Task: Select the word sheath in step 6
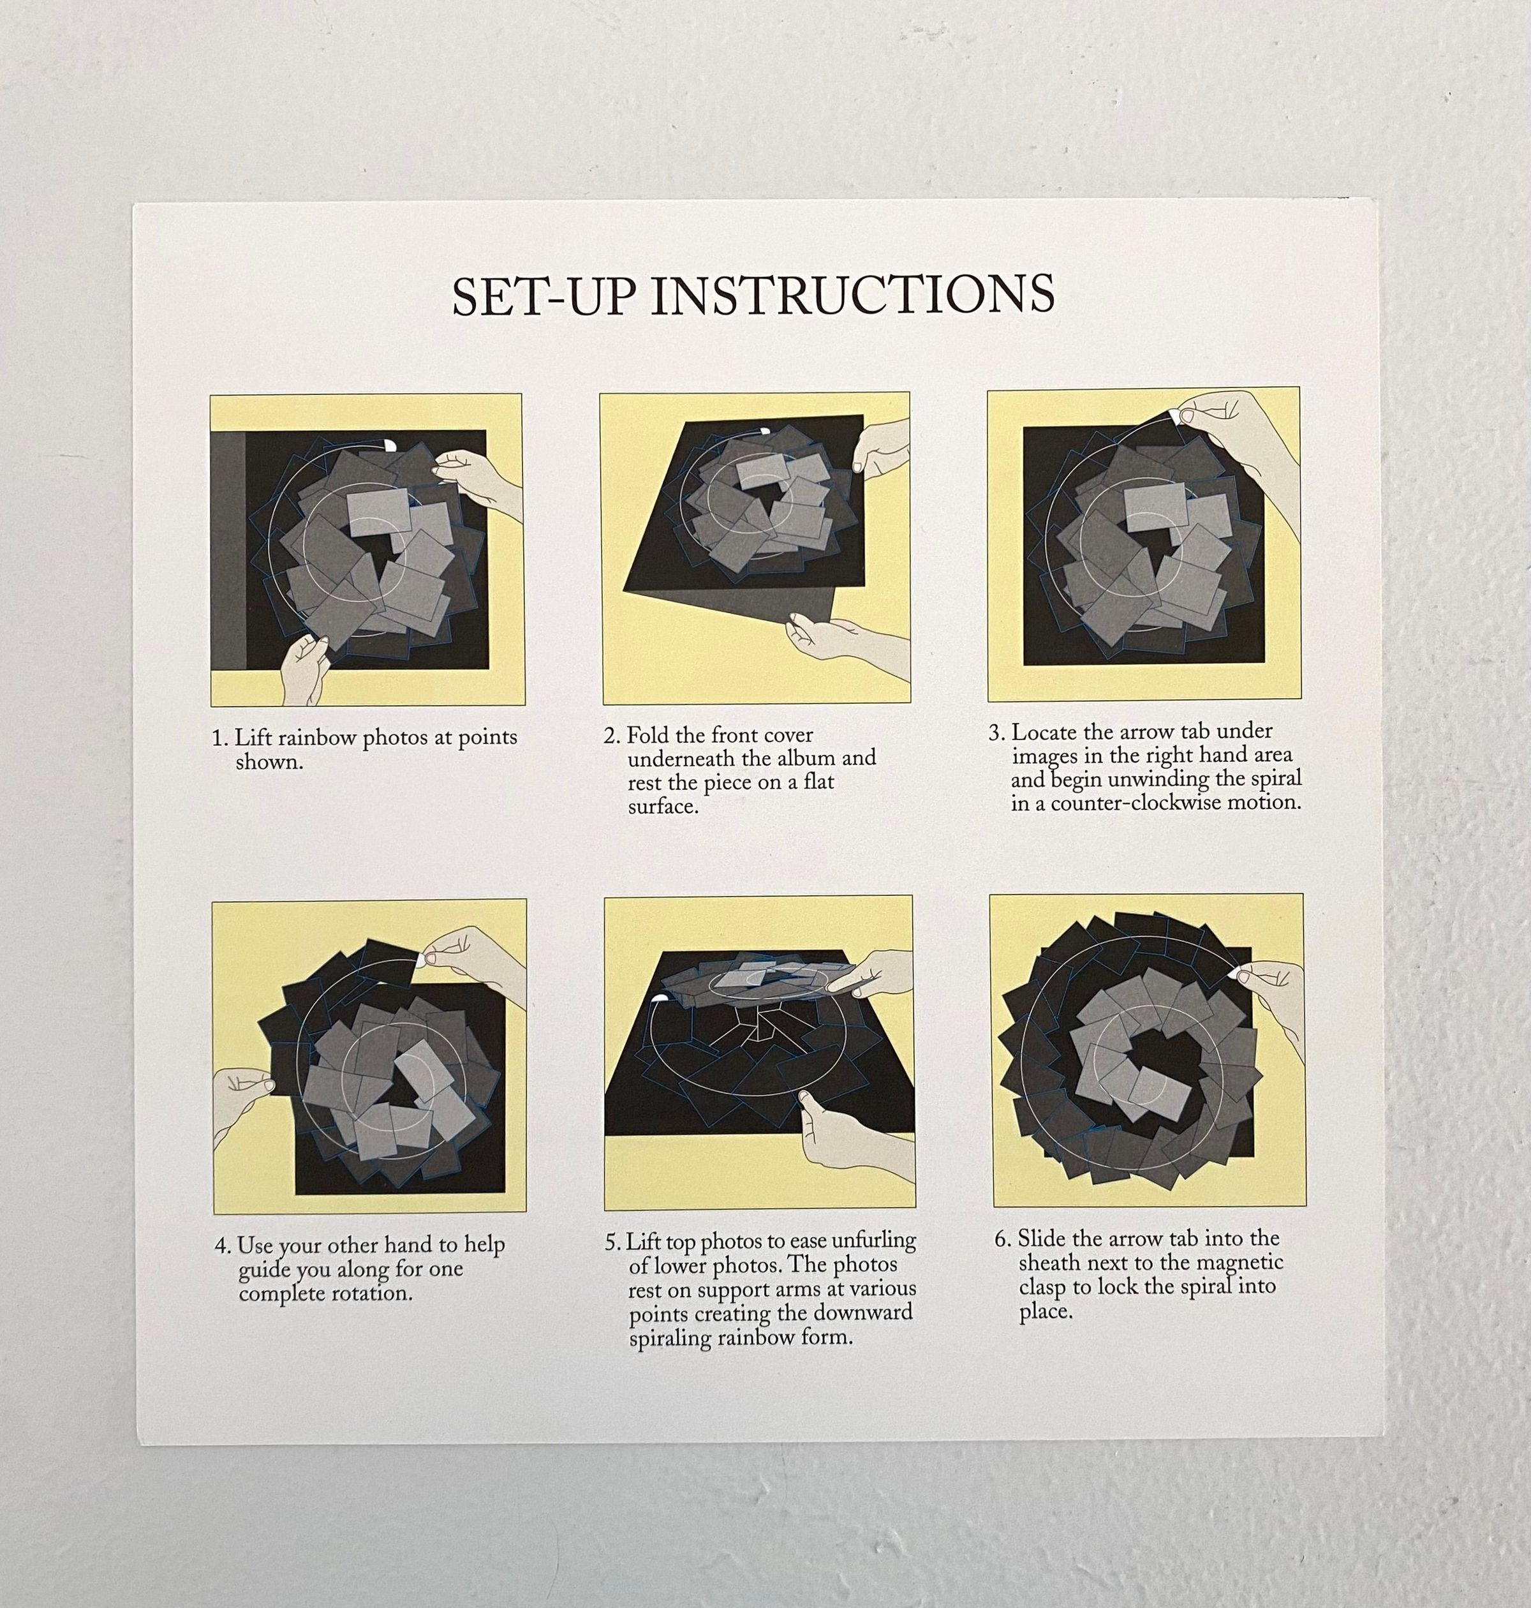pos(1047,1263)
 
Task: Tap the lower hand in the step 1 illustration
pos(304,669)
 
